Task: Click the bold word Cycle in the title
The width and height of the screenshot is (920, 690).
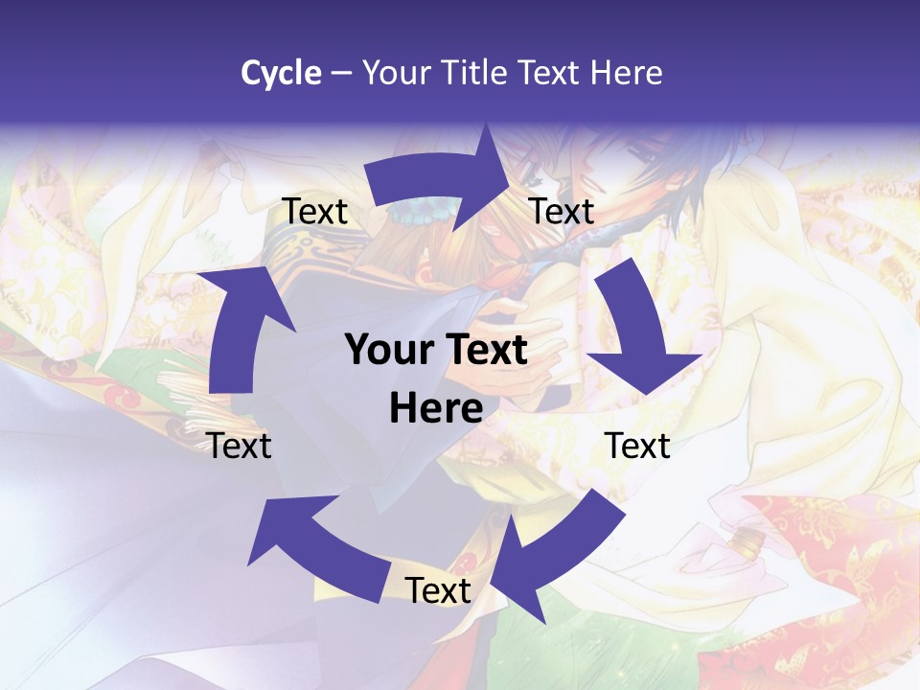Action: click(x=281, y=72)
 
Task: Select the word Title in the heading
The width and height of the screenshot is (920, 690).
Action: click(x=473, y=72)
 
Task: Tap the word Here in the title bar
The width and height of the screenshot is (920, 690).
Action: click(x=627, y=72)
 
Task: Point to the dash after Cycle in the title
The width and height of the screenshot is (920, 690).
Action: click(x=340, y=73)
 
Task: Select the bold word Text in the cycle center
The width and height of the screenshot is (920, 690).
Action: click(x=485, y=351)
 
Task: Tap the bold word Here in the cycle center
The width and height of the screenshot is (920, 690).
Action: click(x=436, y=408)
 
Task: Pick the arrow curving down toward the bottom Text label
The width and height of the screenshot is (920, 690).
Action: click(x=556, y=546)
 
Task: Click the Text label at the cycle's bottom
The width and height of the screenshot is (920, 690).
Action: click(x=438, y=590)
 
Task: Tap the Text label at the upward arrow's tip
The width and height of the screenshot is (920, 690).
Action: click(x=314, y=211)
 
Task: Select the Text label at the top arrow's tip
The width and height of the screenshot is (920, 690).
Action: click(x=562, y=211)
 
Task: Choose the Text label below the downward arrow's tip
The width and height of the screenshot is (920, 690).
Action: click(x=637, y=446)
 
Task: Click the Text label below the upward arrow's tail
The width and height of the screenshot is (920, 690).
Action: click(x=239, y=446)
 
